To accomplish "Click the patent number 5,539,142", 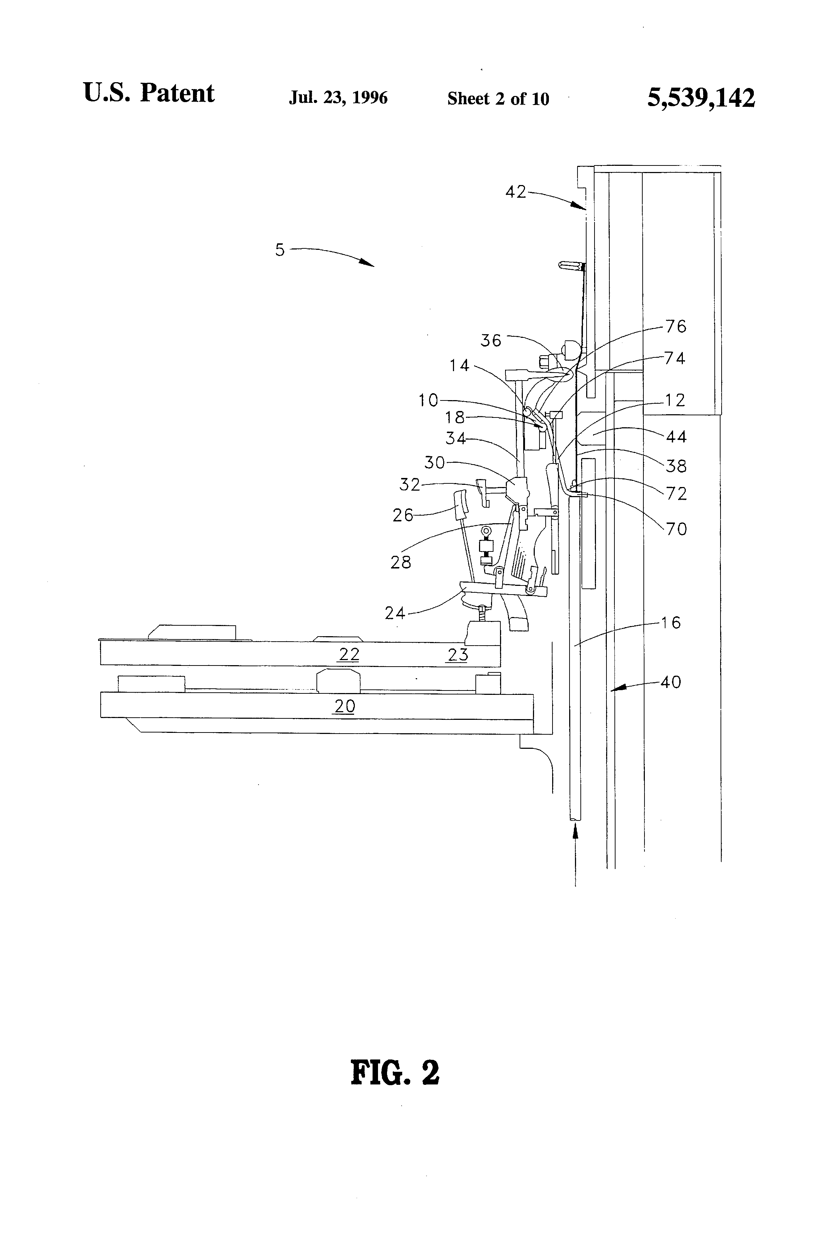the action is pos(701,98).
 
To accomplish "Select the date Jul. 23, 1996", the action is pos(338,98).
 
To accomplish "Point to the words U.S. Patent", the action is pos(149,93).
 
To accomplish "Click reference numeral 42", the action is pos(516,192).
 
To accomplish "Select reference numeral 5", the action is pos(280,249).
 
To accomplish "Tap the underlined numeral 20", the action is pos(345,706).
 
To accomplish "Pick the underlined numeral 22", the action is pos(349,654).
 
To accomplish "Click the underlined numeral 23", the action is pos(458,654).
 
